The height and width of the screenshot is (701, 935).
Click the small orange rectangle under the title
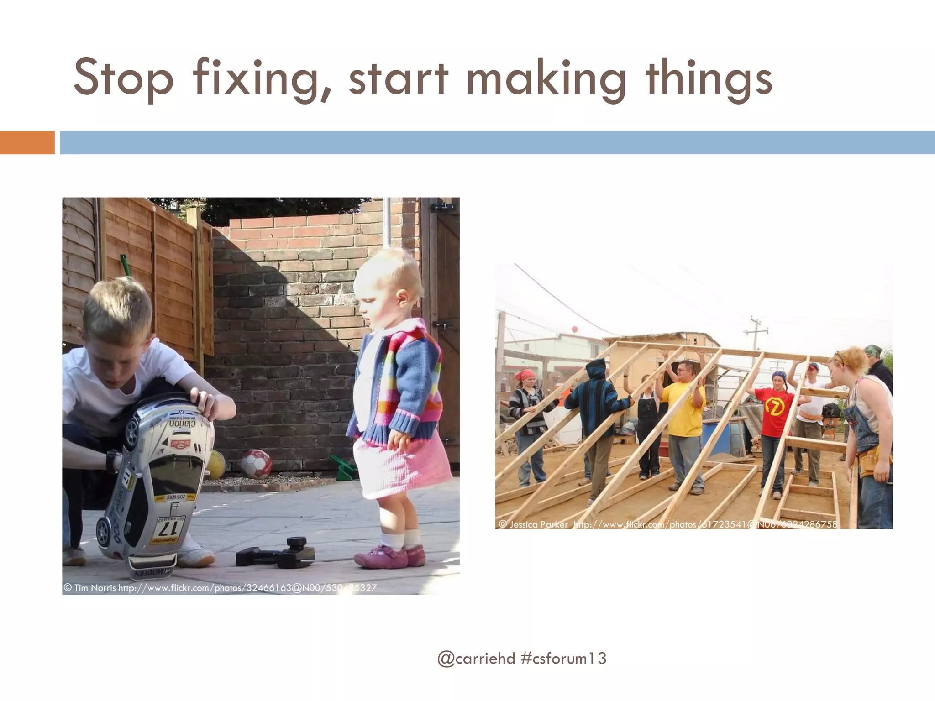(x=27, y=142)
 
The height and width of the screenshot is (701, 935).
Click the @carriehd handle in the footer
(x=476, y=659)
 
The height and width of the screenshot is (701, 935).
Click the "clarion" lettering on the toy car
(x=183, y=423)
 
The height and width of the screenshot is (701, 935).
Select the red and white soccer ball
(x=256, y=463)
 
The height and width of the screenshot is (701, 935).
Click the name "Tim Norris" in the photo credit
(x=95, y=588)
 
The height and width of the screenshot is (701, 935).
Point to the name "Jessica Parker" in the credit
(x=539, y=524)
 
